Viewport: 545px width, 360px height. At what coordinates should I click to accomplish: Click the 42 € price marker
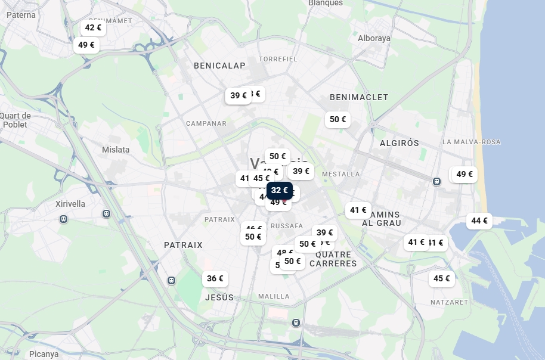[x=93, y=28]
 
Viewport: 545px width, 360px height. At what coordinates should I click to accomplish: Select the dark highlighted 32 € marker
[x=279, y=191]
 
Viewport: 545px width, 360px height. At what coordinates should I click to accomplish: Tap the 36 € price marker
[x=215, y=278]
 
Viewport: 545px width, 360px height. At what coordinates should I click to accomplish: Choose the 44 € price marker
[x=479, y=221]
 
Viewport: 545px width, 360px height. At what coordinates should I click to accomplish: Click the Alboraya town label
[x=374, y=38]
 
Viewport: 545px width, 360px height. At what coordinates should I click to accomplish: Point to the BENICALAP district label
[x=219, y=66]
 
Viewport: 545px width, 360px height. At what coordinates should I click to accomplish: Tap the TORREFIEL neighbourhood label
[x=278, y=59]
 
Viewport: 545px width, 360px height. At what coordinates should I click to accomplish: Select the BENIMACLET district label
[x=359, y=97]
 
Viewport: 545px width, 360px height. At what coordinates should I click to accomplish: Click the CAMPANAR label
[x=206, y=123]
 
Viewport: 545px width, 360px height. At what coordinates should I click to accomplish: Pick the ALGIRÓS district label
[x=400, y=143]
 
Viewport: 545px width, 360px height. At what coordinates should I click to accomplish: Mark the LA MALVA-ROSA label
[x=472, y=142]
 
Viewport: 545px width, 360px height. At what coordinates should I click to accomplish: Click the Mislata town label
[x=116, y=150]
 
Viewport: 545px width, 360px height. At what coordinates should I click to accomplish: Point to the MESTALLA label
[x=341, y=174]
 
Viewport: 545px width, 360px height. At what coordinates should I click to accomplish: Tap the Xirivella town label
[x=70, y=204]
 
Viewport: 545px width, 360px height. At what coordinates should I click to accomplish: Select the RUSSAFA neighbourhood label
[x=287, y=226]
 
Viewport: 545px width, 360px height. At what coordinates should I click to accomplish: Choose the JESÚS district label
[x=219, y=297]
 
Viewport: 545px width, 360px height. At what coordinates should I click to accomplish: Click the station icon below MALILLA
[x=296, y=322]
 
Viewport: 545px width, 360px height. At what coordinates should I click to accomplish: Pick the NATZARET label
[x=450, y=302]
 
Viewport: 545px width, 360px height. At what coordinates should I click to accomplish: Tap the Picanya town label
[x=44, y=354]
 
